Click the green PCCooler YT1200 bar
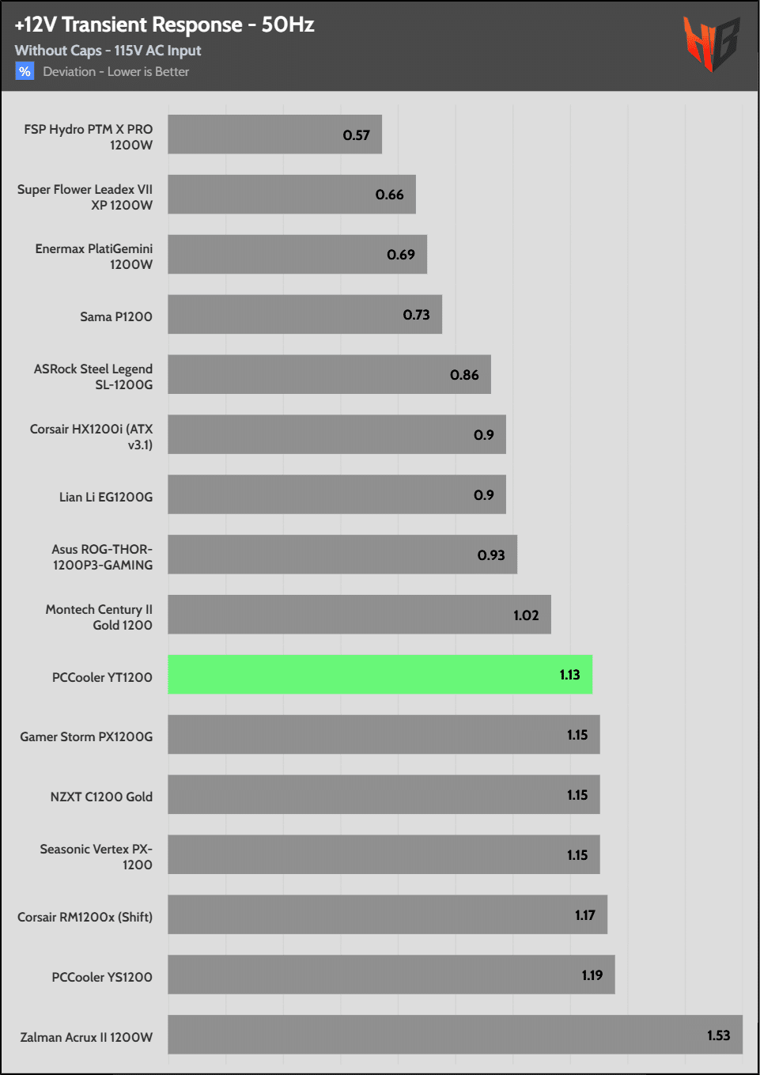pos(380,674)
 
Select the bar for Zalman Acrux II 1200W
pos(455,1035)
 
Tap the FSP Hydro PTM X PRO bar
pos(274,134)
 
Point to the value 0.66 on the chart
pos(389,195)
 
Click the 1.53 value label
pos(718,1035)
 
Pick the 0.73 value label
pos(416,315)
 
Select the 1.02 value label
pos(526,615)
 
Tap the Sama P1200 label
pos(116,316)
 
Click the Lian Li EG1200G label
pos(106,497)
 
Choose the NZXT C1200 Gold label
pos(101,797)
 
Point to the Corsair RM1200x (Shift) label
pos(85,917)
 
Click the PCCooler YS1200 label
pos(102,977)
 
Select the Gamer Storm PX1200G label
pos(86,736)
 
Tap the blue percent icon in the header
pos(25,71)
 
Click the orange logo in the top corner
pos(711,44)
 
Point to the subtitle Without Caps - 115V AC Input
pos(108,51)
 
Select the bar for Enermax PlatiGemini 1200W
pos(297,255)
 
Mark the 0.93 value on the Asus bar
pos(490,555)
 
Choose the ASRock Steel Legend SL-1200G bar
pos(329,374)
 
